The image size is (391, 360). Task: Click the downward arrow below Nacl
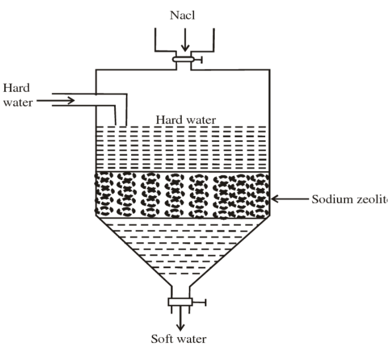coord(185,42)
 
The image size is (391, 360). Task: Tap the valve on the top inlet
coord(184,58)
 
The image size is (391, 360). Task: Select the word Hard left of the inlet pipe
coord(14,88)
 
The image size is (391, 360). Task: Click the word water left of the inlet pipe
coord(16,101)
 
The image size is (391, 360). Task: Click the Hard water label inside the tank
coord(185,119)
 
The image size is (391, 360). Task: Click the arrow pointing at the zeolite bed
coord(288,199)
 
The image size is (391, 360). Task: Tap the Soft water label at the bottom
coord(178,340)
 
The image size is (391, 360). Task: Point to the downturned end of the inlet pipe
coord(120,118)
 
